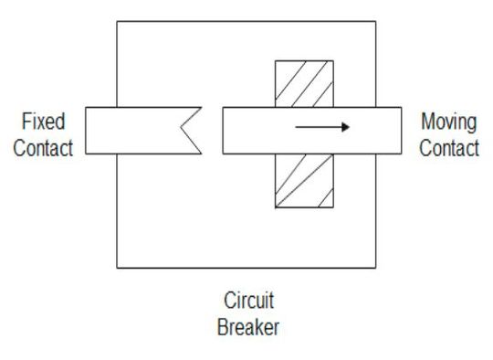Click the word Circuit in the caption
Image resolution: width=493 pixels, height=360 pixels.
(x=247, y=300)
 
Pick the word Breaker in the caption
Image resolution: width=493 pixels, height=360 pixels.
(x=247, y=326)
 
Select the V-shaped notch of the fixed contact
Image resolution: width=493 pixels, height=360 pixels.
(x=189, y=130)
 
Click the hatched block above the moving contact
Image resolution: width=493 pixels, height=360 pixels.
(x=304, y=83)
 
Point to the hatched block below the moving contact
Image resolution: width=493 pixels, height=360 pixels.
(x=304, y=180)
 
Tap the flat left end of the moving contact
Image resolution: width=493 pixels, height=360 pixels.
(x=223, y=130)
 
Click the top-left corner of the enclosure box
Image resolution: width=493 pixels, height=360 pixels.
(x=117, y=21)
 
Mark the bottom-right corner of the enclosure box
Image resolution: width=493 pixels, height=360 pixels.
(x=374, y=268)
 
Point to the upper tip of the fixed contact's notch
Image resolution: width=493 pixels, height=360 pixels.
(x=201, y=107)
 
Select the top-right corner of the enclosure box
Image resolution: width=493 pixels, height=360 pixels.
(x=374, y=21)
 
